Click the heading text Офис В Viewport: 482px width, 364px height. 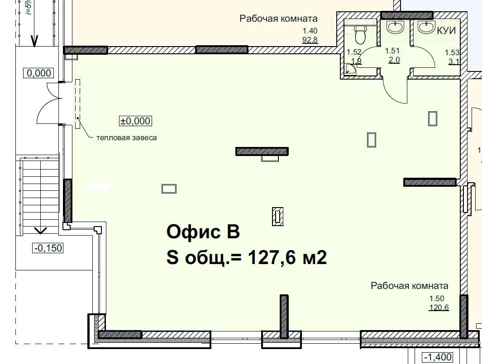pos(203,232)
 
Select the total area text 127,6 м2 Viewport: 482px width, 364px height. pos(287,257)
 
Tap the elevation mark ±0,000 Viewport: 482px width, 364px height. pos(136,121)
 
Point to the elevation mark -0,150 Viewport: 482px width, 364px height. pos(48,248)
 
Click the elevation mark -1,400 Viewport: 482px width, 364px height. pos(438,357)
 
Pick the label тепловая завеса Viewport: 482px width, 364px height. pos(127,137)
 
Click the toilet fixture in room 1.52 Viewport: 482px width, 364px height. pos(360,34)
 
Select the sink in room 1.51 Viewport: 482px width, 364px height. pos(395,27)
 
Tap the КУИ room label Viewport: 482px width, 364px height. pos(446,30)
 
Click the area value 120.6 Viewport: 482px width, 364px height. pos(439,307)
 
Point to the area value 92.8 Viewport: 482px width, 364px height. pos(310,40)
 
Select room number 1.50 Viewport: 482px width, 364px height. pos(437,298)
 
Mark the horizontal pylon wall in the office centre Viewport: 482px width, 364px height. pos(262,151)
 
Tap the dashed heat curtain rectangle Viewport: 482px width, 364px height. pos(78,104)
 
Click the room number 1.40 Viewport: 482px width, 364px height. pos(310,31)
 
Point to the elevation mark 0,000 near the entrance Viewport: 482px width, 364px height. pos(39,73)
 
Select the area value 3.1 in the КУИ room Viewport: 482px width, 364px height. pos(454,61)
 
